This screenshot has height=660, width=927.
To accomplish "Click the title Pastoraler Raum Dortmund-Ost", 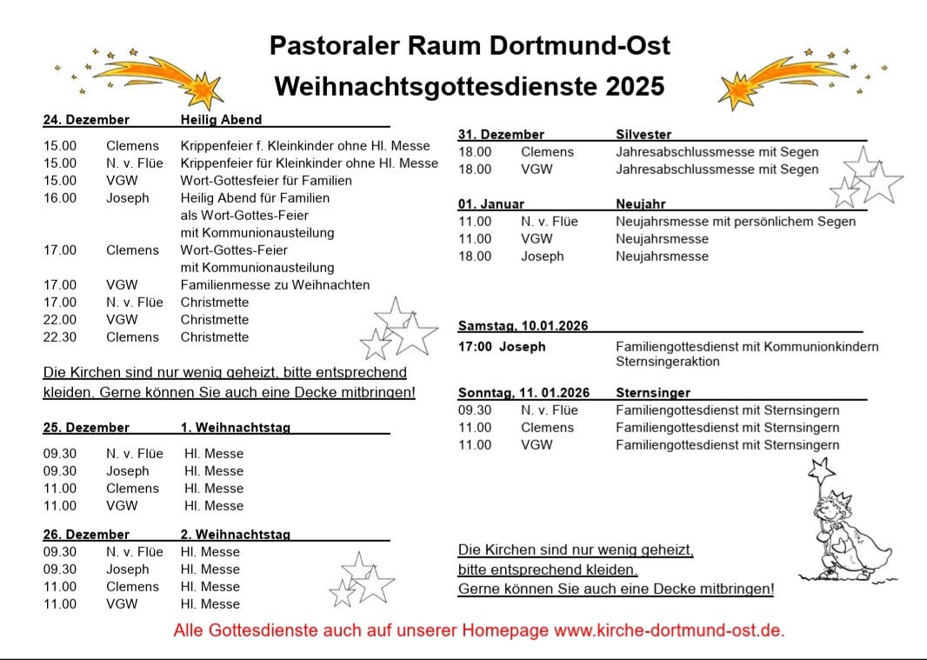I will (x=470, y=45).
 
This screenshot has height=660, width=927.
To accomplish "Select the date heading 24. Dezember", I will (x=86, y=120).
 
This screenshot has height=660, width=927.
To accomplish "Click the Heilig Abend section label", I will (x=221, y=120).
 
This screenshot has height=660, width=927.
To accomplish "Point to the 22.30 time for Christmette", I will (x=60, y=337).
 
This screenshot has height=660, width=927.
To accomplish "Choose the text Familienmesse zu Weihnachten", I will (x=275, y=285).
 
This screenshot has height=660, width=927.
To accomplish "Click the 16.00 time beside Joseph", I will (x=60, y=198).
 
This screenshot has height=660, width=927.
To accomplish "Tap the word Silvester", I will (x=644, y=135).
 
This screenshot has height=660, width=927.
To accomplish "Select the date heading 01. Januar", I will (x=491, y=204).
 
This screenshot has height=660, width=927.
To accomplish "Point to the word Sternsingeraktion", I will (x=667, y=361).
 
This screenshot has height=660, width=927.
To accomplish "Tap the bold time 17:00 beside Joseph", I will (x=475, y=347).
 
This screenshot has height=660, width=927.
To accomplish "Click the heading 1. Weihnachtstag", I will (x=235, y=428).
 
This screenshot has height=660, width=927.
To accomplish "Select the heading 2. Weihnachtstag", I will (x=235, y=535).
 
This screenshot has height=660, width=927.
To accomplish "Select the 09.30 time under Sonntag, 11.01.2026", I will (x=475, y=410).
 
